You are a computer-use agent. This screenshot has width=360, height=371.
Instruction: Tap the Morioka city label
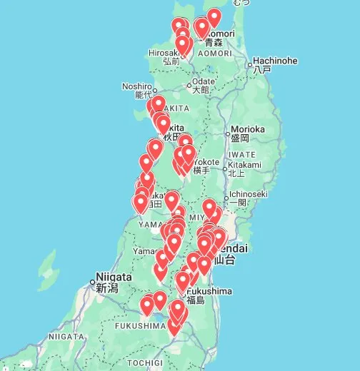click(x=248, y=129)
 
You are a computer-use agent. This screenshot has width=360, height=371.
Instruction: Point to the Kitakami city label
click(x=245, y=164)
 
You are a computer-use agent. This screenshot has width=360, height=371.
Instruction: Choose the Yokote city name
click(x=205, y=161)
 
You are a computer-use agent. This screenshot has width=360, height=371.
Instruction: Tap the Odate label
click(x=203, y=81)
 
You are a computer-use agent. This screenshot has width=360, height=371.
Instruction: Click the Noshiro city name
click(x=138, y=86)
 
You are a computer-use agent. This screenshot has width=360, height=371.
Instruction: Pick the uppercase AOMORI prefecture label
click(x=215, y=54)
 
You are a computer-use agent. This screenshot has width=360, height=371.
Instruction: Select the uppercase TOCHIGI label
click(x=146, y=362)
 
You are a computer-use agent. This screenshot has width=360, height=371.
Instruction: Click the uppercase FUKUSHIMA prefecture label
click(x=140, y=325)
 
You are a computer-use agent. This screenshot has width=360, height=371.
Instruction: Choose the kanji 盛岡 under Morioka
click(x=240, y=138)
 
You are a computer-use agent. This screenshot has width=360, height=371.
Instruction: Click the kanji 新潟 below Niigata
click(x=107, y=288)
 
